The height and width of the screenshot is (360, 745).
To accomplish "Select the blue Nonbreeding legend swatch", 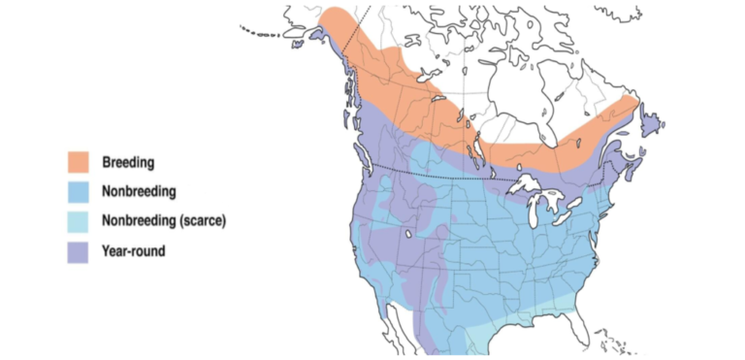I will pos(80,192).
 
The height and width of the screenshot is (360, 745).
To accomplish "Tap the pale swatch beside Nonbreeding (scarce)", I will pos(80,221).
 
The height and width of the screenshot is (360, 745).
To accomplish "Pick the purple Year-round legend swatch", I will pos(80,251).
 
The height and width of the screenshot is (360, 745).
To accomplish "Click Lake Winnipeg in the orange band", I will pos(475,146).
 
